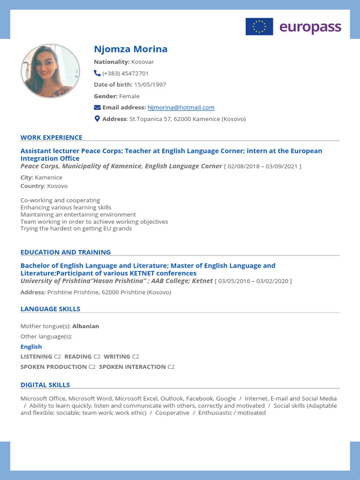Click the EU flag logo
point(259,27)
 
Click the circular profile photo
point(50,71)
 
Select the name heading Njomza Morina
point(130,49)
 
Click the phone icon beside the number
point(97,73)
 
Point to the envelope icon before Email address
point(97,107)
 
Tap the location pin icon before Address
point(97,119)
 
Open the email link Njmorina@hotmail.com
point(181,107)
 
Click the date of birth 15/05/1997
point(150,85)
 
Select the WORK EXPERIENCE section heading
point(51,137)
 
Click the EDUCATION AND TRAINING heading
point(66,252)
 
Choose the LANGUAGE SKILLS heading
point(50,309)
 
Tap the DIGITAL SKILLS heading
point(45,385)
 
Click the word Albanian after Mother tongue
point(86,326)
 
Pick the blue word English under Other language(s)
point(31,347)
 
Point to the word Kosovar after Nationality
point(142,62)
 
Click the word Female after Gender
point(129,96)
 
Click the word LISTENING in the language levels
point(37,357)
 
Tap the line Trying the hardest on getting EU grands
point(76,229)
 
